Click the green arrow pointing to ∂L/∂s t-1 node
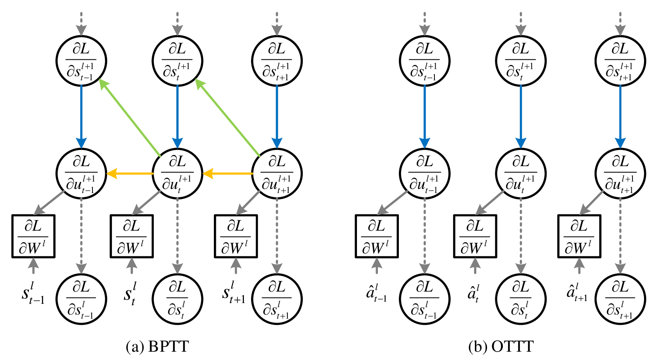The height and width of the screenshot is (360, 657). [130, 117]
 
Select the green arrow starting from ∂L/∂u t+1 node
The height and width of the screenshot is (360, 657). [227, 117]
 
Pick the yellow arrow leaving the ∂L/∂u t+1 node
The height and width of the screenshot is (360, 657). [228, 173]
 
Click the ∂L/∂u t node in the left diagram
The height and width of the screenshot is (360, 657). [177, 173]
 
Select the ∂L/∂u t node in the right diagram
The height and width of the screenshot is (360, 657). [521, 173]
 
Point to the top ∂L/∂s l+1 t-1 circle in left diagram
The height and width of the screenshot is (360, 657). [81, 61]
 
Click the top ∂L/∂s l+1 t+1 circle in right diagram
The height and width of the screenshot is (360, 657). [620, 61]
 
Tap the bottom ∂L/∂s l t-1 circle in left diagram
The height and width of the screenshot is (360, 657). [81, 299]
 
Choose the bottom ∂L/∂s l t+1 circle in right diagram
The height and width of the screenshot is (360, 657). [620, 299]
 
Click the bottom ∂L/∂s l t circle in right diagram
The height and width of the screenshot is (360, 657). [521, 299]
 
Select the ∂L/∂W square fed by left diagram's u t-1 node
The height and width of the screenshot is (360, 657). [33, 236]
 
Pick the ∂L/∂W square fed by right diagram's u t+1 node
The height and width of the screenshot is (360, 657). [579, 236]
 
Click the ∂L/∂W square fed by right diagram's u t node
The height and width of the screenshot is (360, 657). [475, 236]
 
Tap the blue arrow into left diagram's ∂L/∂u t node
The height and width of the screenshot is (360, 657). [177, 117]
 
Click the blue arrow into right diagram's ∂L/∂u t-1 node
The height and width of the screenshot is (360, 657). [425, 117]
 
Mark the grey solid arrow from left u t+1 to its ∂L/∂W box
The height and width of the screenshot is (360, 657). [248, 203]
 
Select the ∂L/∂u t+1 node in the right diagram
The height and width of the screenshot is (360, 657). [620, 173]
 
